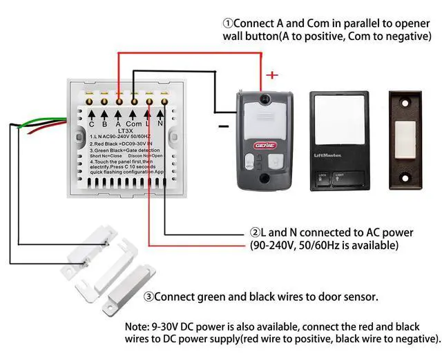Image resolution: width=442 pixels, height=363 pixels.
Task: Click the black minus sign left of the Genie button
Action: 222,126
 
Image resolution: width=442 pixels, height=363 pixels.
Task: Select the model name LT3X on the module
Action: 126,131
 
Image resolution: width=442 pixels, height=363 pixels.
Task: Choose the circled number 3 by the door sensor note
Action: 148,297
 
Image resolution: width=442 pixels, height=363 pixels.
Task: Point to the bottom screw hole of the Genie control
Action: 265,179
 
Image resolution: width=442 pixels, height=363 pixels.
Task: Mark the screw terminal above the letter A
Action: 119,100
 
